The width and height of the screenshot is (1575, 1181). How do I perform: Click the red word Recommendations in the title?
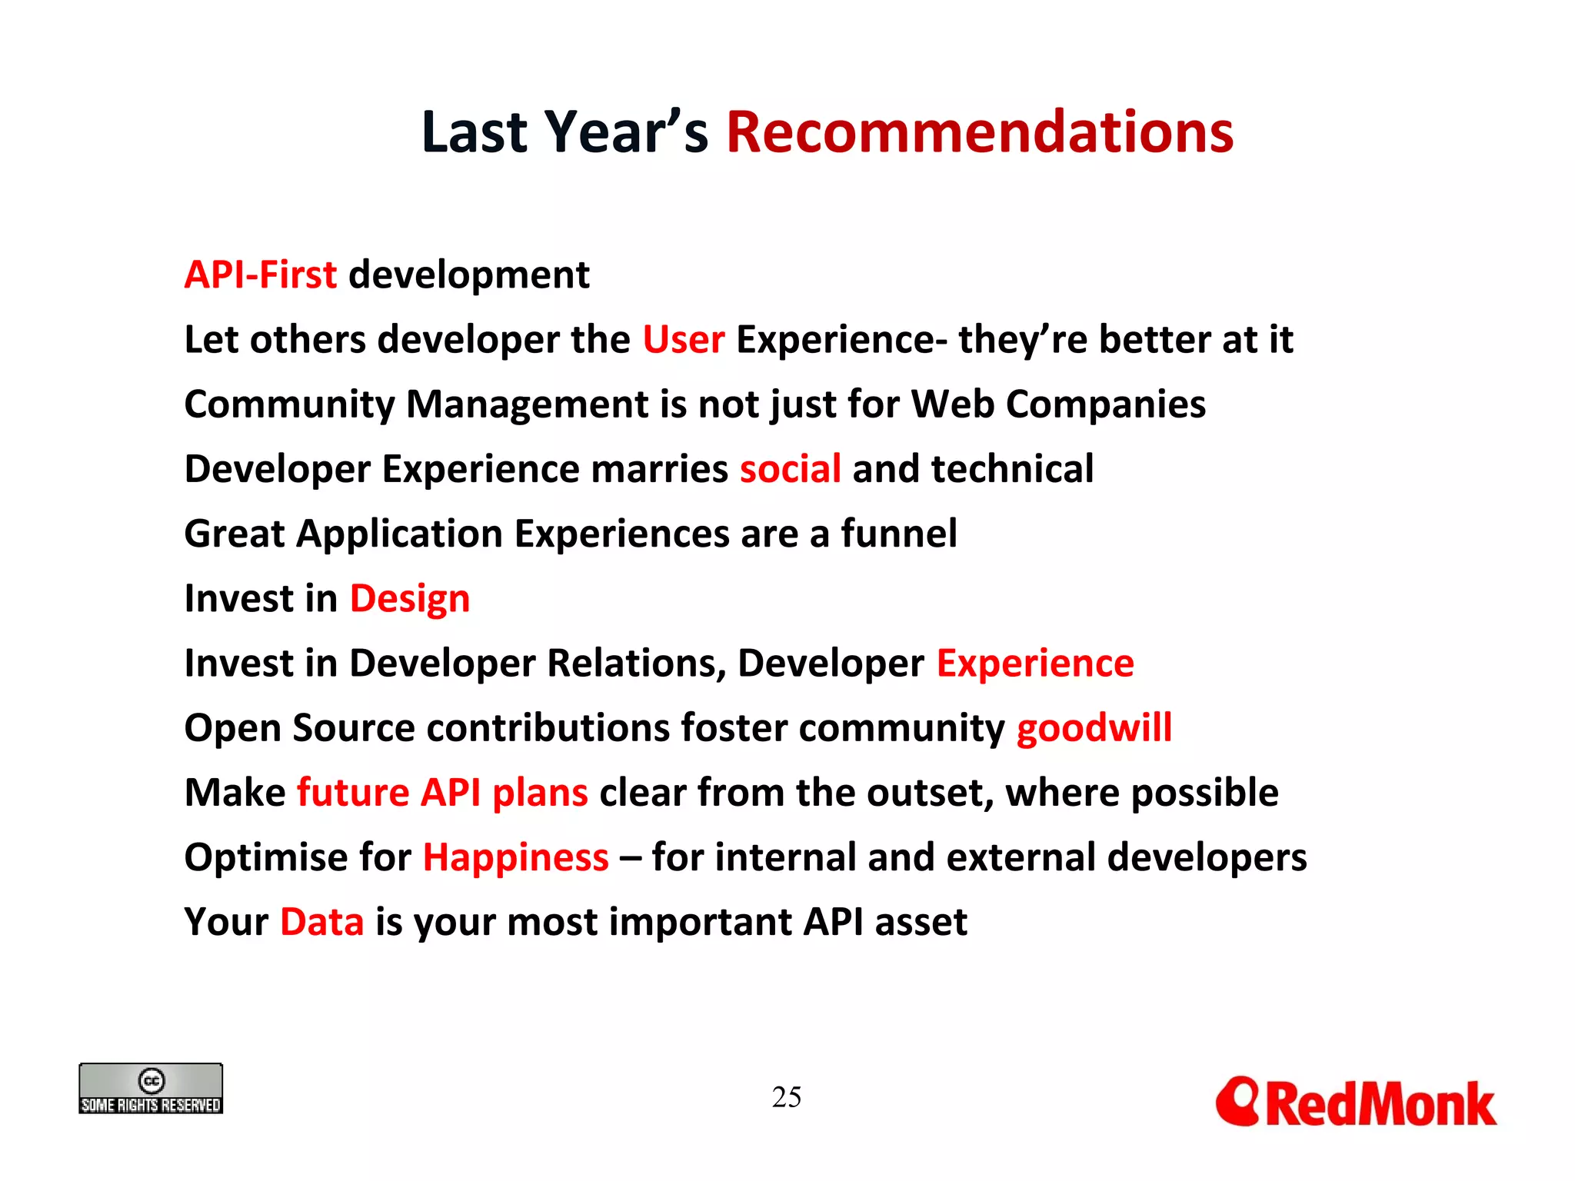979,132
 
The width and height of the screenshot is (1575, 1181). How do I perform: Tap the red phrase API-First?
260,275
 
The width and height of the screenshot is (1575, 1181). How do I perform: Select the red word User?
683,340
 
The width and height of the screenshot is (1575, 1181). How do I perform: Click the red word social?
790,469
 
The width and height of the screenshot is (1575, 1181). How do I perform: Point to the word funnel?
898,534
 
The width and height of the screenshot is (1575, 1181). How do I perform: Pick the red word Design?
409,599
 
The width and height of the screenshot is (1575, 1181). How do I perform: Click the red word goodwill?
1094,728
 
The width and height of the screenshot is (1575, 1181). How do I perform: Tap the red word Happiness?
515,857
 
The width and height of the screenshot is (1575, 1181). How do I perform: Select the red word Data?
321,922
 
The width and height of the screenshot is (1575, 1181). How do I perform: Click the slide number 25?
786,1097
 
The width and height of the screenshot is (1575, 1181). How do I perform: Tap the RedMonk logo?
1355,1103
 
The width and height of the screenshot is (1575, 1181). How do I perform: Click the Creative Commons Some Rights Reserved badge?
151,1089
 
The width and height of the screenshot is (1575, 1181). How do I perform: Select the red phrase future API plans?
442,793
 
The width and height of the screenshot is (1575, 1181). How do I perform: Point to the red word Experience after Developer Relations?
1034,664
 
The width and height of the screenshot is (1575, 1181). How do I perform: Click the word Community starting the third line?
288,405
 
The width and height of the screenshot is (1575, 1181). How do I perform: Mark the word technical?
1012,469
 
